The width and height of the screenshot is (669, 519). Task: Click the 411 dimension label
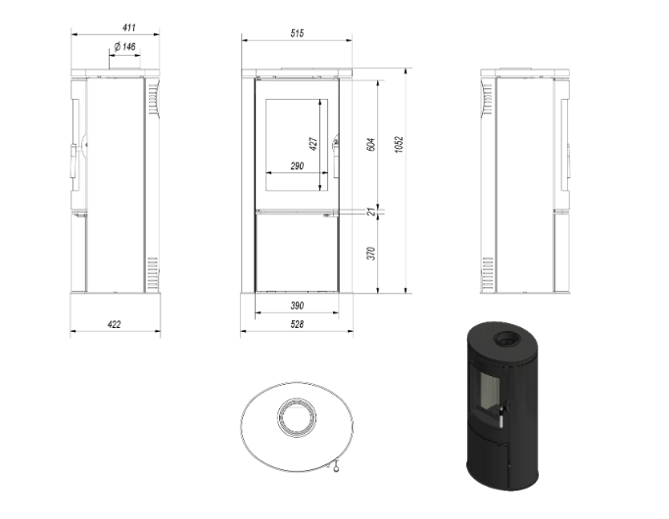click(129, 27)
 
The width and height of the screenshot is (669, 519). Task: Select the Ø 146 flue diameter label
click(125, 46)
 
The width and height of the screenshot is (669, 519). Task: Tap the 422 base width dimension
click(114, 324)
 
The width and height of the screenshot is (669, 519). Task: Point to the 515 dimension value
click(297, 33)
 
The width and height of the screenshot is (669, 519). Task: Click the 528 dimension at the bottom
click(297, 324)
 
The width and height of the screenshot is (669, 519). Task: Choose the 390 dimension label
click(297, 306)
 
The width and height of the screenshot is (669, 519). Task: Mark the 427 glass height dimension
click(313, 144)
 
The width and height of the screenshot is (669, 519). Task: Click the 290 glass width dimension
click(297, 165)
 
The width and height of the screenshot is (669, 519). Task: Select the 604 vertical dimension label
click(371, 144)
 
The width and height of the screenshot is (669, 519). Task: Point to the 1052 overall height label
click(399, 145)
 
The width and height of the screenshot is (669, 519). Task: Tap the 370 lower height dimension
click(371, 254)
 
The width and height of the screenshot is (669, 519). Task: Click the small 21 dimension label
click(371, 212)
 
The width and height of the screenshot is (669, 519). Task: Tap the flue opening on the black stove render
click(507, 339)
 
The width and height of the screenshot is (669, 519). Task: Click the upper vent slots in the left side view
click(153, 99)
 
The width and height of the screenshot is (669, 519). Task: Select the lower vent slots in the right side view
click(488, 272)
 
